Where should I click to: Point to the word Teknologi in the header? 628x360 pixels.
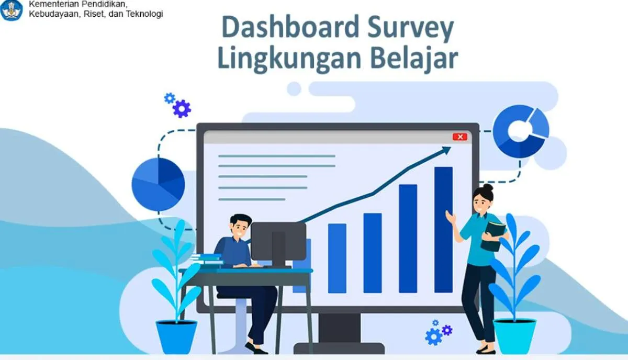[x=142, y=14]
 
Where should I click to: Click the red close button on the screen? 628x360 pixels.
[x=459, y=137]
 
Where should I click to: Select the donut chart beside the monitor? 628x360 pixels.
[x=521, y=131]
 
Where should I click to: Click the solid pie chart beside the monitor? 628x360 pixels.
[x=158, y=184]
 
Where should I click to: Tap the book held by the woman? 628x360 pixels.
[x=494, y=235]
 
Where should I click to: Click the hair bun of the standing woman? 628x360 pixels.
[x=488, y=187]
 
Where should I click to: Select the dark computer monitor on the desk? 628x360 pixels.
[x=278, y=242]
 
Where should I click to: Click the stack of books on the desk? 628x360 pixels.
[x=206, y=260]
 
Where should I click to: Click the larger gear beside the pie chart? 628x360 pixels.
[x=182, y=109]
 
